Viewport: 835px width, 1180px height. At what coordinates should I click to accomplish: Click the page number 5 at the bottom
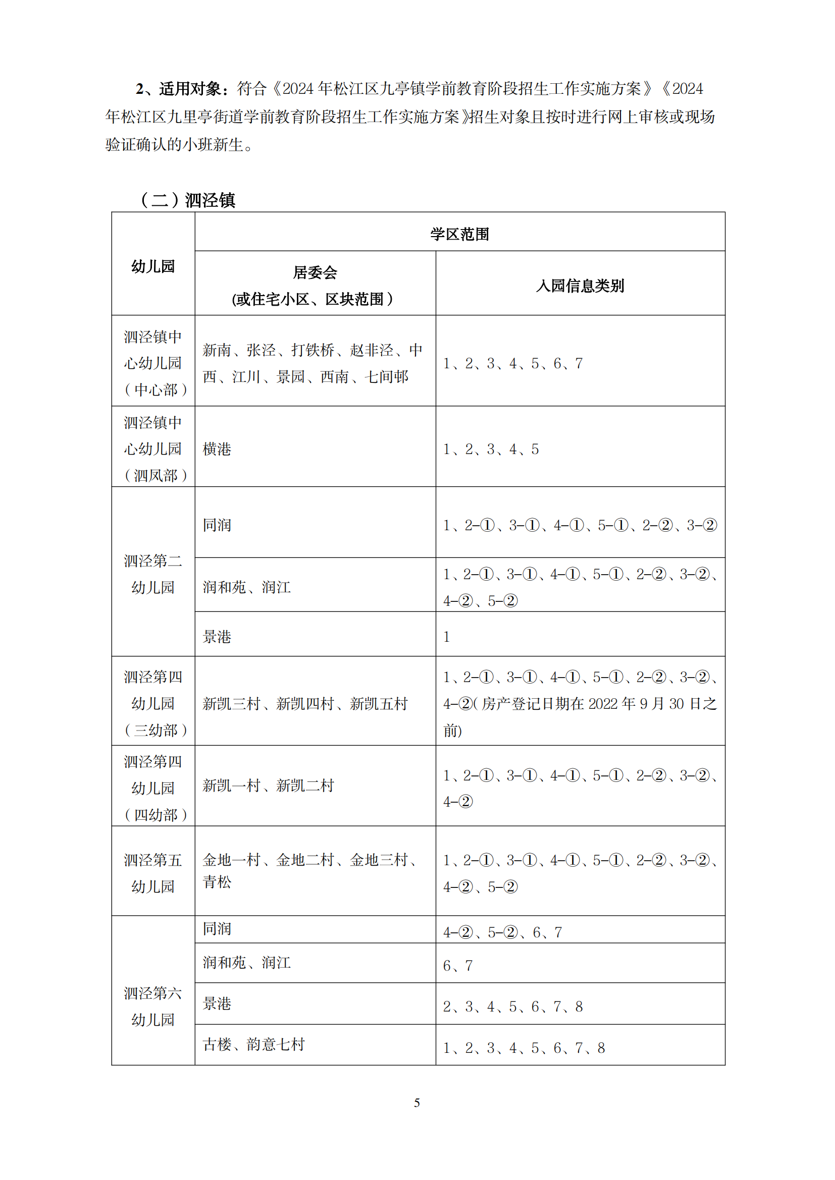point(417,1103)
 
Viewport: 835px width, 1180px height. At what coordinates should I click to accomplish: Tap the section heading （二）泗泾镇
point(187,200)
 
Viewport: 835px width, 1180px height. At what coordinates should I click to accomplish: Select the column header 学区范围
point(460,235)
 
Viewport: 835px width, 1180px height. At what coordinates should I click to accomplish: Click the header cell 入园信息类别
point(580,286)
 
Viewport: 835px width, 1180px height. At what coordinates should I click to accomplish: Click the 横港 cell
point(217,449)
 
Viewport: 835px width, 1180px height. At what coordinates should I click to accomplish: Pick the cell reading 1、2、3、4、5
point(491,449)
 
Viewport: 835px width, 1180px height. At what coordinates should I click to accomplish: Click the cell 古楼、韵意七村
point(254,1044)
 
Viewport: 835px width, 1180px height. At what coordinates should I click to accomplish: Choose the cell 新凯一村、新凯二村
point(269,785)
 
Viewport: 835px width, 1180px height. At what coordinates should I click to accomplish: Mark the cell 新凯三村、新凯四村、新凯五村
point(305,704)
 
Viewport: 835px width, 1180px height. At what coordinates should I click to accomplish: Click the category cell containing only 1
point(447,637)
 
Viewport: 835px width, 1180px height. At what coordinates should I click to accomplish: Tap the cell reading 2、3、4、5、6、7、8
point(512,1006)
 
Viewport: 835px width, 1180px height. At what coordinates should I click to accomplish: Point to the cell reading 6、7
point(457,966)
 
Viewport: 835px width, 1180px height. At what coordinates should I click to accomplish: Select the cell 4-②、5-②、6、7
point(502,932)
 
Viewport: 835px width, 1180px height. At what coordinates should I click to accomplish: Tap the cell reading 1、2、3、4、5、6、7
point(512,363)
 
